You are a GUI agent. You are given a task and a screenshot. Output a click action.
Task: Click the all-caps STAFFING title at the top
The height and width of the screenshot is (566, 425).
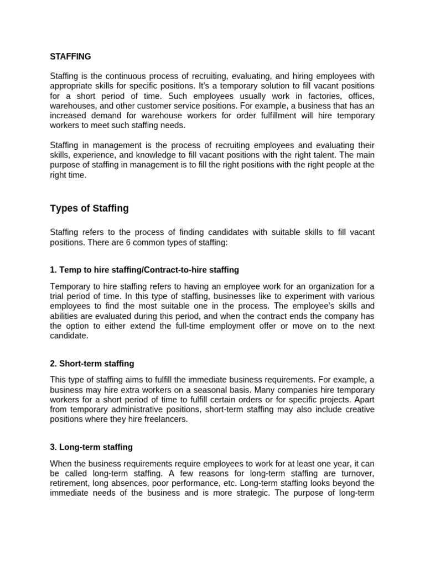coord(70,56)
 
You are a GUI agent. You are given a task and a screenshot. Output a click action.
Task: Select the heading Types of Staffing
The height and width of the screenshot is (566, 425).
coord(89,208)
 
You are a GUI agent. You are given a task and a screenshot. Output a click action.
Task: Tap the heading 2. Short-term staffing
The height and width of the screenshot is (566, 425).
coord(92,364)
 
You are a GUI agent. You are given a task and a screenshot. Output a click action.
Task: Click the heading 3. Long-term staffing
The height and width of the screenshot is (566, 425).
coord(91,447)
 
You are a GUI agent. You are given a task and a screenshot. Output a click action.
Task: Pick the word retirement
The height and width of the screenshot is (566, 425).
coord(70,483)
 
